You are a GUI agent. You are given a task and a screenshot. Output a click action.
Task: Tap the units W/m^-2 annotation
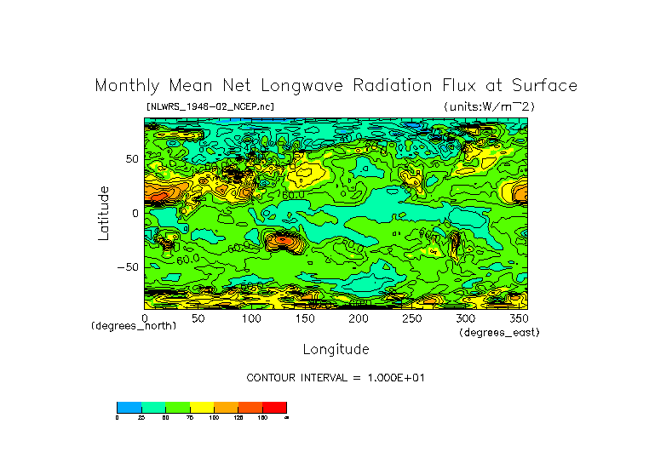point(489,106)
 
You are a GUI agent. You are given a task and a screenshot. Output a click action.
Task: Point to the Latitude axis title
point(103,213)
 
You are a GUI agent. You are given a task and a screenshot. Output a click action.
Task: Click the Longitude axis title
point(336,349)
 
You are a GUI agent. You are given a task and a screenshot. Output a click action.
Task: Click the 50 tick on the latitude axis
point(132,159)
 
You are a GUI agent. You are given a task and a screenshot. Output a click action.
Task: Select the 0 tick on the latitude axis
point(135,213)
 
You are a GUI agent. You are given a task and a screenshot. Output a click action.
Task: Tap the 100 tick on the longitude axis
point(251,318)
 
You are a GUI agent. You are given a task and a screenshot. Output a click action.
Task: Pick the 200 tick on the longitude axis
point(358,318)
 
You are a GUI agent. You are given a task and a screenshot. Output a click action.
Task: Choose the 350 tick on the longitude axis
point(518,318)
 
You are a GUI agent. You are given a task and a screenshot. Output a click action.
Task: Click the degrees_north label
point(134,326)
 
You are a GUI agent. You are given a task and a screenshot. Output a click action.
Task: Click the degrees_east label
point(499,332)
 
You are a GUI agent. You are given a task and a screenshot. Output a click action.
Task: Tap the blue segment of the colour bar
point(129,407)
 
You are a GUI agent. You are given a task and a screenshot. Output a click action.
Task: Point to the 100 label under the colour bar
point(214,418)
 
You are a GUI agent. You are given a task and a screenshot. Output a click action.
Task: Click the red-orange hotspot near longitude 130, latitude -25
point(280,242)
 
